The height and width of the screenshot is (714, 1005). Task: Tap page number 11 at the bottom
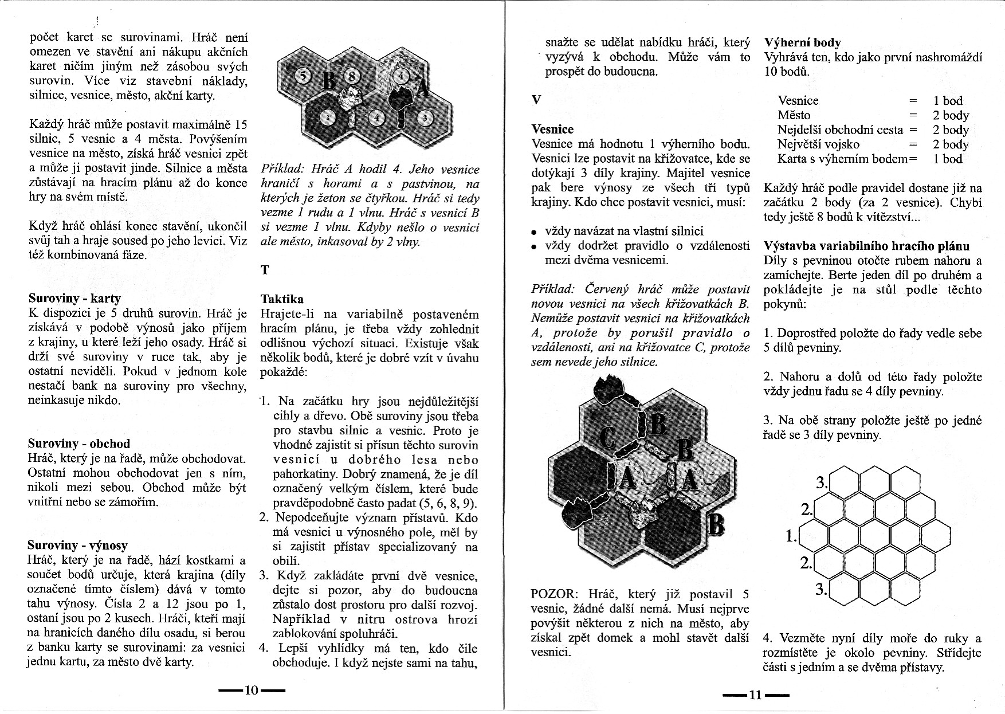pyautogui.click(x=755, y=695)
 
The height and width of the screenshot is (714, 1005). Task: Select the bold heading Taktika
pyautogui.click(x=282, y=299)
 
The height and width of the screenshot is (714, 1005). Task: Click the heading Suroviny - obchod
pyautogui.click(x=79, y=444)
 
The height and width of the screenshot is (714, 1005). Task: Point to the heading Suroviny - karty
pyautogui.click(x=74, y=299)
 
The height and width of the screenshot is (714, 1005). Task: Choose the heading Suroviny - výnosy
pyautogui.click(x=78, y=546)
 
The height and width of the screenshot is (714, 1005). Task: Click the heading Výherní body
pyautogui.click(x=802, y=42)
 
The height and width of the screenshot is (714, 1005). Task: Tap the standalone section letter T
pyautogui.click(x=265, y=270)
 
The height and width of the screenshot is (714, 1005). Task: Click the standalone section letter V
pyautogui.click(x=536, y=100)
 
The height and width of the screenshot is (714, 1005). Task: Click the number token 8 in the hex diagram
pyautogui.click(x=352, y=76)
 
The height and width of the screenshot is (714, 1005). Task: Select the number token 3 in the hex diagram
pyautogui.click(x=425, y=118)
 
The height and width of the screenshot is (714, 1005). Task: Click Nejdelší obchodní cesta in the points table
pyautogui.click(x=840, y=130)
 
